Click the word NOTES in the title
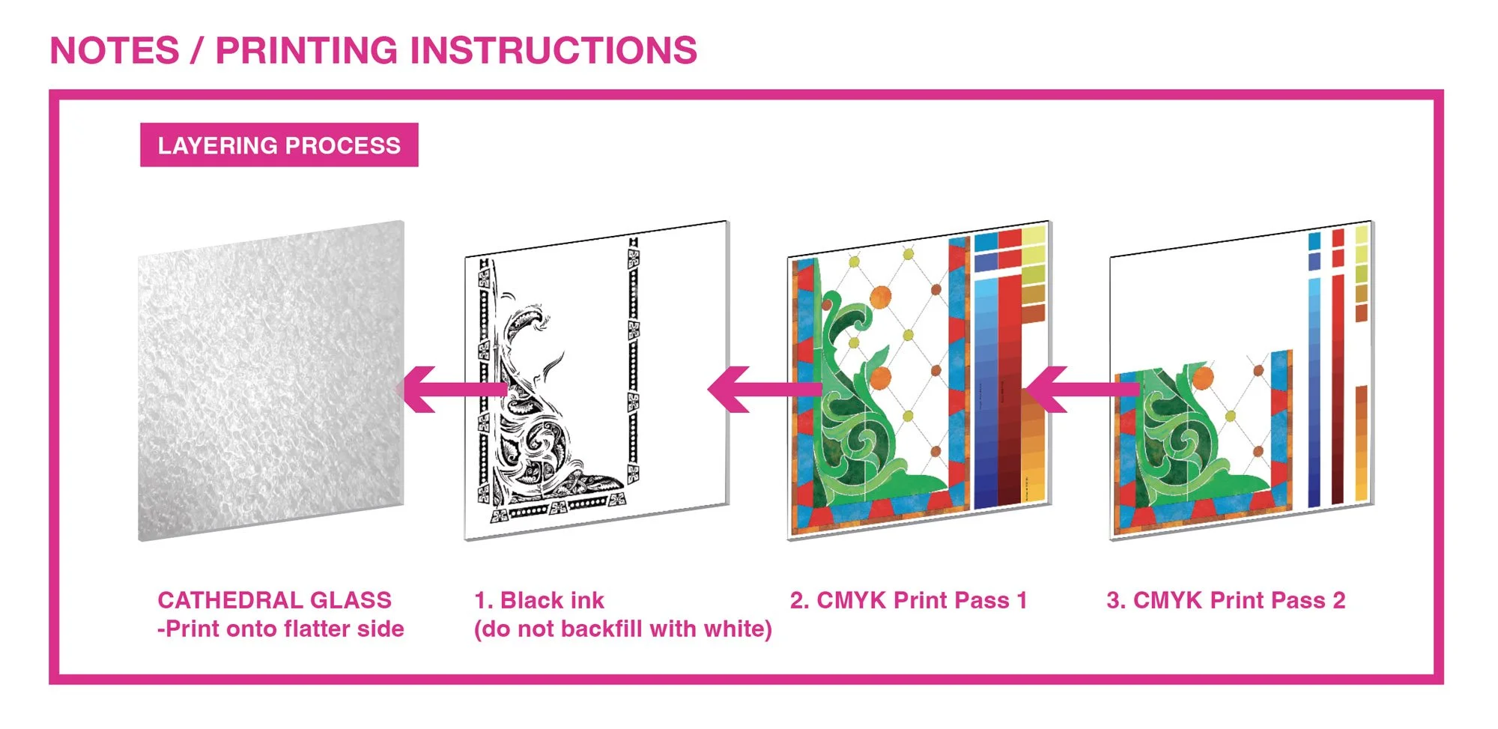pyautogui.click(x=115, y=51)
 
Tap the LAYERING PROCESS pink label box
pyautogui.click(x=279, y=145)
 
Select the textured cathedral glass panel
pyautogui.click(x=271, y=381)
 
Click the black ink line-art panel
pyautogui.click(x=597, y=381)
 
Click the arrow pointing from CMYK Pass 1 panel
pyautogui.click(x=764, y=390)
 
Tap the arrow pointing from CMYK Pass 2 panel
pyautogui.click(x=1083, y=390)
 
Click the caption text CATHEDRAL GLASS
pyautogui.click(x=275, y=600)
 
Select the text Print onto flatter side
pyautogui.click(x=285, y=629)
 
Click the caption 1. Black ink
pyautogui.click(x=539, y=600)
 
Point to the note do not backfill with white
pyautogui.click(x=623, y=629)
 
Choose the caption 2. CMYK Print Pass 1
pyautogui.click(x=909, y=600)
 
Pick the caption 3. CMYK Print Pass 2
pyautogui.click(x=1226, y=600)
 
